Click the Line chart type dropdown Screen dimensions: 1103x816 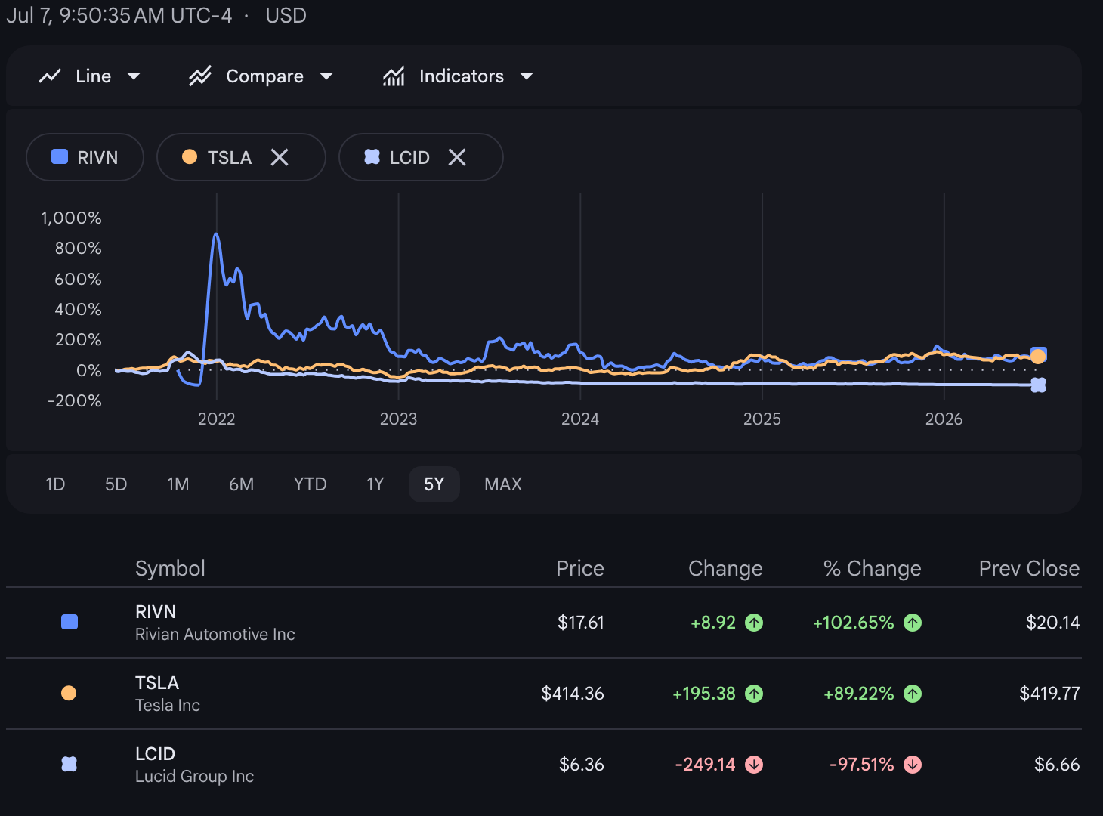(x=89, y=76)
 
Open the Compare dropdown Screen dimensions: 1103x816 (x=261, y=76)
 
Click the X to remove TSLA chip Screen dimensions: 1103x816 (x=280, y=157)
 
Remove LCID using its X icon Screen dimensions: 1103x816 (x=457, y=157)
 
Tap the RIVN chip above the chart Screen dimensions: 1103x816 (x=85, y=157)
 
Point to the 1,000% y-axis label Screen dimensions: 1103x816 (x=71, y=218)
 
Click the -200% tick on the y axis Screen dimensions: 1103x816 (x=75, y=400)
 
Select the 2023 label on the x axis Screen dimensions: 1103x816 (x=398, y=419)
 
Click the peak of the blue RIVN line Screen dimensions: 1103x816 (x=216, y=233)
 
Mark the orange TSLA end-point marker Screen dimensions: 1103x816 (x=1038, y=357)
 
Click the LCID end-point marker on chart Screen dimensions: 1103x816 (x=1038, y=385)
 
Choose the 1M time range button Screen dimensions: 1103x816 (x=178, y=484)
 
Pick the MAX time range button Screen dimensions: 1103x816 (x=502, y=484)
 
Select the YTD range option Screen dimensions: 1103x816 (x=310, y=484)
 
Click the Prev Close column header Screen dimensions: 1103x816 (x=1029, y=568)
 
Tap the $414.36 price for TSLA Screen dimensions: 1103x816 (x=573, y=693)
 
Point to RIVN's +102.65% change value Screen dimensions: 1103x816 (x=854, y=623)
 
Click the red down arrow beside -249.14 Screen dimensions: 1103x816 (x=754, y=765)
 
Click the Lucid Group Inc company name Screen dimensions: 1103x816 (x=194, y=776)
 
